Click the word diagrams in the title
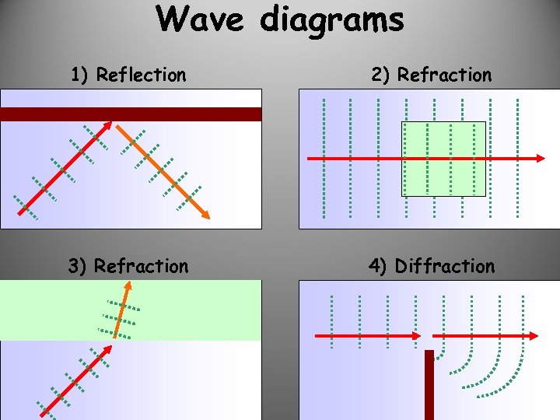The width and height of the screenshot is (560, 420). click(x=332, y=20)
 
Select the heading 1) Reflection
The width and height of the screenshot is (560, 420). click(x=128, y=75)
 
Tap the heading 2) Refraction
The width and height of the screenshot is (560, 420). click(x=432, y=75)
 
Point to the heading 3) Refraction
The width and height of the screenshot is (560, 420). click(x=128, y=267)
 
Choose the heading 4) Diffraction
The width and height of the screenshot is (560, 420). click(x=432, y=267)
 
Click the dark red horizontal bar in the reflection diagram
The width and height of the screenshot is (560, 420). click(x=131, y=114)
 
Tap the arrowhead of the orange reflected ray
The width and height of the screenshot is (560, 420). click(x=206, y=216)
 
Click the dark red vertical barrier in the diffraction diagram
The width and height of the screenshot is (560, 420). click(x=429, y=384)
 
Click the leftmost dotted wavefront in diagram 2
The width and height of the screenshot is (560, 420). click(x=324, y=156)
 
